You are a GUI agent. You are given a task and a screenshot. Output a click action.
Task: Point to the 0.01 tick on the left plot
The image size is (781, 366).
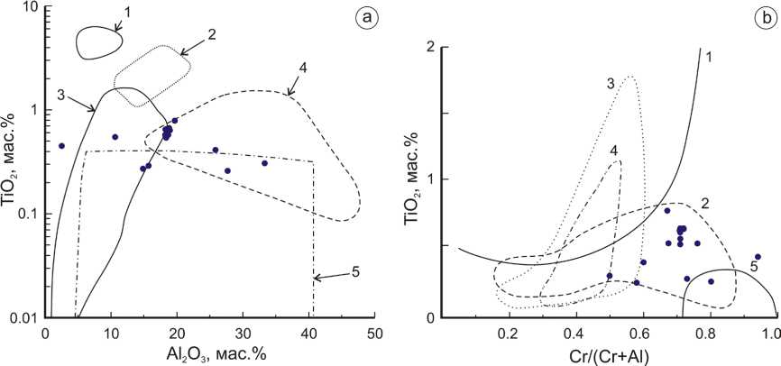click(23, 317)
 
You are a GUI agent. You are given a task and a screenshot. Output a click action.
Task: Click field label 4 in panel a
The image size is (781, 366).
click(304, 67)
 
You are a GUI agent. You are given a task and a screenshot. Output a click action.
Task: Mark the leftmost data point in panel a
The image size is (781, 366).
click(61, 146)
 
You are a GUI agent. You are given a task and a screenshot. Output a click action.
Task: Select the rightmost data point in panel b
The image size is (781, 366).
click(758, 257)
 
